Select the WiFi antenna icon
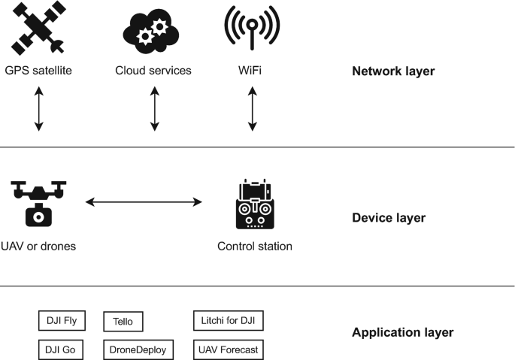252,31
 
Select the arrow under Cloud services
154,109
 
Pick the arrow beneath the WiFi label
253,109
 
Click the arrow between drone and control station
144,201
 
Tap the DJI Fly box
62,321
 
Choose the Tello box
123,322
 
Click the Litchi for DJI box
228,321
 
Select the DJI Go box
62,349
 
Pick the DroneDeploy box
138,349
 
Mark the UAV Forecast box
228,349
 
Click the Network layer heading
393,73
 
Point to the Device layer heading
389,219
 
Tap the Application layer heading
402,332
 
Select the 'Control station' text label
255,246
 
